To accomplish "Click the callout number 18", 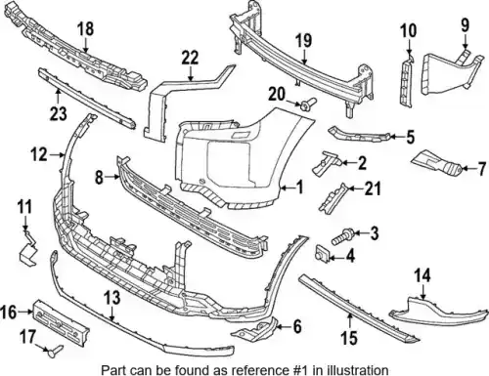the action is [x=85, y=28].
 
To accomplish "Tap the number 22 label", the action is [x=190, y=58].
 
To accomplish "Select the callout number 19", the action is [x=304, y=40].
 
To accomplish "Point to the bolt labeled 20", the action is [x=309, y=104].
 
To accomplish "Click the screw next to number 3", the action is [x=340, y=237].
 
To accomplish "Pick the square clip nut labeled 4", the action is [x=322, y=253].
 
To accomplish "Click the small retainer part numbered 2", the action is [x=327, y=163].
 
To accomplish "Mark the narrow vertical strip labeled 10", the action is [x=406, y=81].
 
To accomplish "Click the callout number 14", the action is [x=422, y=275].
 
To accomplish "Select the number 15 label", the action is [x=349, y=338].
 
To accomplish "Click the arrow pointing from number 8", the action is [x=111, y=177].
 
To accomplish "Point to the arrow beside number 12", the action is [x=57, y=155].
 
